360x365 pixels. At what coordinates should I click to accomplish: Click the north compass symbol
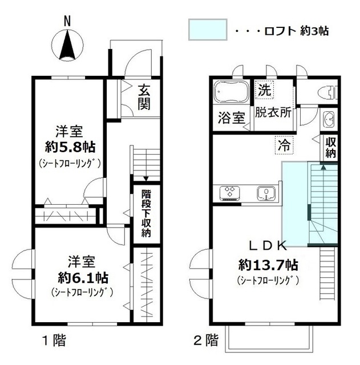pos(67,44)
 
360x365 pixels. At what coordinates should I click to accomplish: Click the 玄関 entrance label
pos(144,97)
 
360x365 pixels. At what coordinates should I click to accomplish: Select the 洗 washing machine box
pos(264,90)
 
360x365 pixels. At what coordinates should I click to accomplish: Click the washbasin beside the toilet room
pos(329,119)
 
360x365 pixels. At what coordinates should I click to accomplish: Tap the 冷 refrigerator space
pos(284,145)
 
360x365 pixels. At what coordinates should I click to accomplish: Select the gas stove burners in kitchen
pos(230,193)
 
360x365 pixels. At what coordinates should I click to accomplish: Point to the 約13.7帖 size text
pos(268,265)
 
